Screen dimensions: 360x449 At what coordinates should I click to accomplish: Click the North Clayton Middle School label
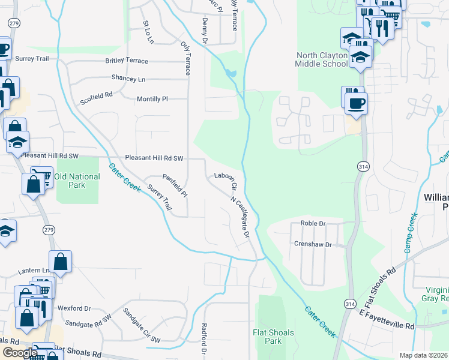[x=322, y=59]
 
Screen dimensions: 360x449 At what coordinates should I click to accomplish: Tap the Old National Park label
[x=77, y=181]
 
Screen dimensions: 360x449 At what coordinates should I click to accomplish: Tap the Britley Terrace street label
[x=127, y=61]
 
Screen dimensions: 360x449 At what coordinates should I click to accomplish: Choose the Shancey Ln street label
[x=128, y=79]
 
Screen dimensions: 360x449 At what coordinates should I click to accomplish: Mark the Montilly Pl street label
[x=152, y=98]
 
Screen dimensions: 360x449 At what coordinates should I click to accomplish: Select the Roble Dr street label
[x=313, y=223]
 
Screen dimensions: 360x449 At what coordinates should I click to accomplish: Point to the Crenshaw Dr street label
[x=313, y=244]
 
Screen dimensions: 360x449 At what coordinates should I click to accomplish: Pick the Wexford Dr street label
[x=74, y=308]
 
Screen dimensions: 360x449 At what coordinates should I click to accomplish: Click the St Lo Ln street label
[x=148, y=32]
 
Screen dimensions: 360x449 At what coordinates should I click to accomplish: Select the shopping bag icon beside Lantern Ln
[x=60, y=261]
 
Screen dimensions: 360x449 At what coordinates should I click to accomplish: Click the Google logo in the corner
[x=19, y=353]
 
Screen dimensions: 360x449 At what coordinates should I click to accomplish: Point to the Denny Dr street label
[x=205, y=31]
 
